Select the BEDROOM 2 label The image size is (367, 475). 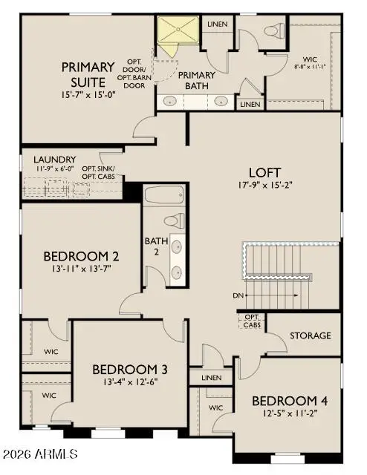pos(82,257)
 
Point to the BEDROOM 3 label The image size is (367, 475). pos(129,369)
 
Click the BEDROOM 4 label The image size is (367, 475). pos(290,402)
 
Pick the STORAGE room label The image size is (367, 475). pos(310,336)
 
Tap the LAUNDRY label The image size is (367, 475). pos(54,160)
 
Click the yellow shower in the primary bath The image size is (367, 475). pos(176,31)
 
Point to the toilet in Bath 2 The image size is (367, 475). pos(174,220)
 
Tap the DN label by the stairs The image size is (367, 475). pos(238,296)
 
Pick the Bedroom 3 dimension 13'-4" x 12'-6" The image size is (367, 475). pos(129,383)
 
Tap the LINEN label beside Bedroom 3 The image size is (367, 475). pos(211,378)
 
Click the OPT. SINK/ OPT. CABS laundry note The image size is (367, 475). pos(98,173)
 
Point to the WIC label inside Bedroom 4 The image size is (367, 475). pos(216,408)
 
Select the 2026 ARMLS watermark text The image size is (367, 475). pos(40,453)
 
